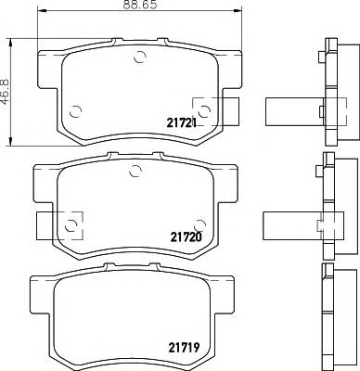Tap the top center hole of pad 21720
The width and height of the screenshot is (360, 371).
click(x=135, y=169)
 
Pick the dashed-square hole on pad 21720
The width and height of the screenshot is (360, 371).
click(x=71, y=223)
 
